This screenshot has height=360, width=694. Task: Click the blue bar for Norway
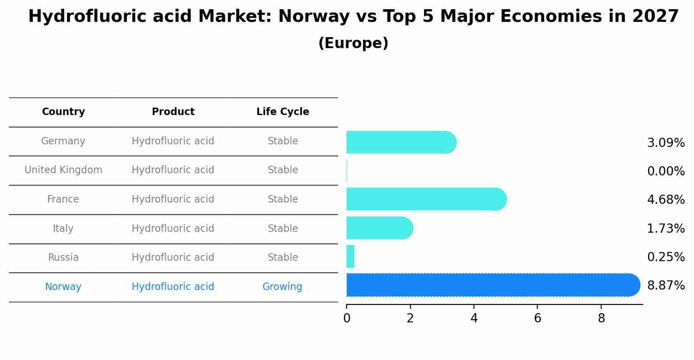[492, 285]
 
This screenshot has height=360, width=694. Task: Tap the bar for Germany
[401, 142]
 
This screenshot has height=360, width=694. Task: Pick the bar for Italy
[379, 228]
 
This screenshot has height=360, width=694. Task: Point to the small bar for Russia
[350, 256]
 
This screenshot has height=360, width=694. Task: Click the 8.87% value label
[666, 286]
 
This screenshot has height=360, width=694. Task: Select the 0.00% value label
[666, 171]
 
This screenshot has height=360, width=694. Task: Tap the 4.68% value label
[666, 200]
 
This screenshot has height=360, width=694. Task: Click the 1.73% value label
[666, 228]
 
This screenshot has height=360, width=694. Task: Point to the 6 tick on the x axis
[537, 318]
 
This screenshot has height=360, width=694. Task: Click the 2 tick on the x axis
[410, 318]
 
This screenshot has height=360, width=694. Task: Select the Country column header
[63, 112]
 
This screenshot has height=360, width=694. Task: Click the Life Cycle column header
[283, 112]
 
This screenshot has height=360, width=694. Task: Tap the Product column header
[173, 112]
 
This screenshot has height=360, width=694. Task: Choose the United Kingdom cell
[63, 170]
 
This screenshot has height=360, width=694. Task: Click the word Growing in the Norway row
[282, 287]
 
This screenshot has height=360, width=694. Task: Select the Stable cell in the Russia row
[283, 258]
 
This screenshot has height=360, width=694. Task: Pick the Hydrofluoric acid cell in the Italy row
[173, 229]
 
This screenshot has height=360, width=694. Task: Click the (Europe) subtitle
[353, 43]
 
